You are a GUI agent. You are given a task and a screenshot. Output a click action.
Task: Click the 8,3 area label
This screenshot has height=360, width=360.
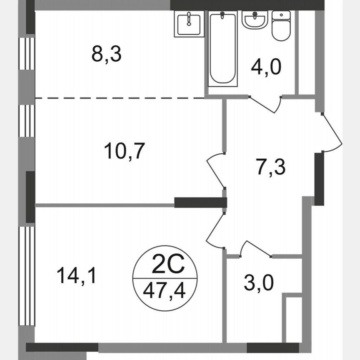(106, 55)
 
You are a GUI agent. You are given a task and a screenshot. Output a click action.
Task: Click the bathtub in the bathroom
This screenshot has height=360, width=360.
(223, 48)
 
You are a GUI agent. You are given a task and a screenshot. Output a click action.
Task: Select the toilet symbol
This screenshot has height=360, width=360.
(280, 26)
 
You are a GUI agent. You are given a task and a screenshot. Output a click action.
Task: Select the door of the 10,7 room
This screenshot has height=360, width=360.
(214, 169)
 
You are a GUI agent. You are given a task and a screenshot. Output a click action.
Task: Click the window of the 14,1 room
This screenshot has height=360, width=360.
(27, 275)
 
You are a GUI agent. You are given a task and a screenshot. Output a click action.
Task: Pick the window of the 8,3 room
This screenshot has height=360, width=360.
(27, 53)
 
